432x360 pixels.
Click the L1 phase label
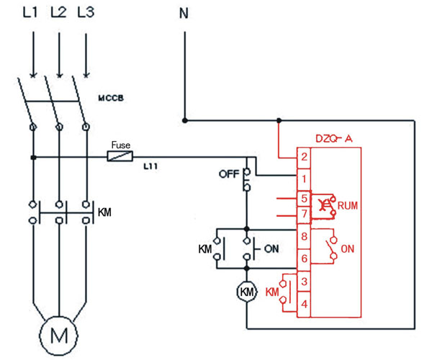(x=32, y=14)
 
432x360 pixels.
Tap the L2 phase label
(x=59, y=14)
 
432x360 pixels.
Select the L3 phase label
(x=86, y=14)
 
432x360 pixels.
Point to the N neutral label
(x=184, y=14)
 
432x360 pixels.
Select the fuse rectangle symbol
(x=120, y=156)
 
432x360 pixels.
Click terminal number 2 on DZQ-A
(x=305, y=156)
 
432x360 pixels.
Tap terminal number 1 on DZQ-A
(x=305, y=177)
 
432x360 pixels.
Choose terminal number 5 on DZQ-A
(x=305, y=198)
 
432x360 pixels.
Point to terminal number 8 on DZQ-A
(x=305, y=235)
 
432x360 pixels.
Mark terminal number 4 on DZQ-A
(x=305, y=305)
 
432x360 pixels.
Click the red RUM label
(x=348, y=205)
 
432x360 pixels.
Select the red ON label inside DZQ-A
(x=347, y=249)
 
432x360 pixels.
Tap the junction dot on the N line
(x=184, y=120)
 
